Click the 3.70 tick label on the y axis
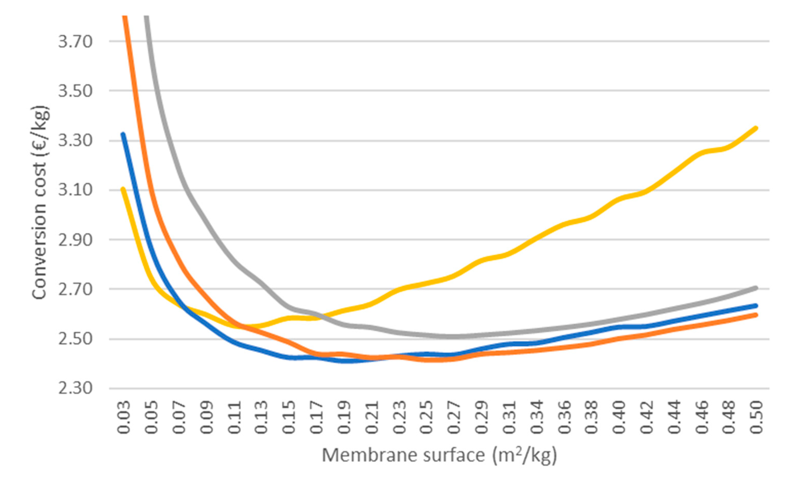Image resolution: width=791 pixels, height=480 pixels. (x=75, y=42)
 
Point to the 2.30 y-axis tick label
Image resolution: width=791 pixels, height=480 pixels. (x=75, y=388)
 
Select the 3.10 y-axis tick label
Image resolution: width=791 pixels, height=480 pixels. (x=75, y=190)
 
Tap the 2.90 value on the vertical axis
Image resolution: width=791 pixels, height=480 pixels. (x=75, y=240)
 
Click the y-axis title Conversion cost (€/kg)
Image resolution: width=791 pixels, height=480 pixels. (x=40, y=202)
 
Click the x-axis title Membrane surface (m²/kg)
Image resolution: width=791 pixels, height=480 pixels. (x=439, y=455)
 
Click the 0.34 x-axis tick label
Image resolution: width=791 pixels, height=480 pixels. (x=536, y=417)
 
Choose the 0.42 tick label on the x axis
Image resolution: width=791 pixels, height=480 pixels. (x=646, y=417)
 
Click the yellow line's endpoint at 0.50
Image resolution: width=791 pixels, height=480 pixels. (x=756, y=128)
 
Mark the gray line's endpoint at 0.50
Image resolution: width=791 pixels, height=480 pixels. (x=756, y=288)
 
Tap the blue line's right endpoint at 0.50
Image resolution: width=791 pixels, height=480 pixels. (x=756, y=306)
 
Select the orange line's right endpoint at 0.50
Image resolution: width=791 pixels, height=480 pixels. (x=756, y=315)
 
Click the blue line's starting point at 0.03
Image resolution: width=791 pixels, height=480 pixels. (x=123, y=134)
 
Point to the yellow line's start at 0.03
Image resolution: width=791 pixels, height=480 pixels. (x=123, y=189)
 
